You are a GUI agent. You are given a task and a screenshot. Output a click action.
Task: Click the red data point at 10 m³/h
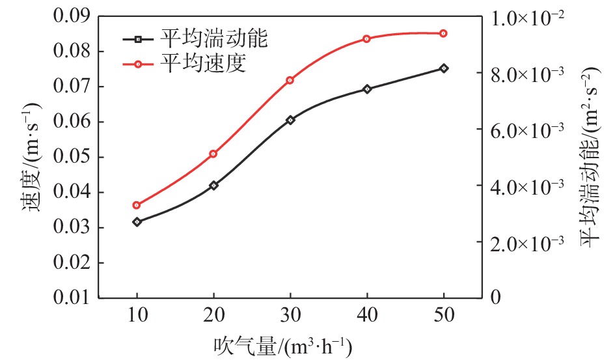[x=137, y=205]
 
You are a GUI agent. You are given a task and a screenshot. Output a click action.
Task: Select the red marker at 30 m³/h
[x=290, y=80]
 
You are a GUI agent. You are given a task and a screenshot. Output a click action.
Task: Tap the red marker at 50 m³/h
[x=444, y=33]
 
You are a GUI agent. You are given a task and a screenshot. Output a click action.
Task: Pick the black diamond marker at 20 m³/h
[x=213, y=186]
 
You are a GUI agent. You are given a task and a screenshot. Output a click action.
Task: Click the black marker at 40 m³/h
[x=367, y=89]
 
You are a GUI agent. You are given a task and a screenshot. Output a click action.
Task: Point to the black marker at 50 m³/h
[x=444, y=68]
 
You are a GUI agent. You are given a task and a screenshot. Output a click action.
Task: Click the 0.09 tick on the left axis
[x=66, y=16]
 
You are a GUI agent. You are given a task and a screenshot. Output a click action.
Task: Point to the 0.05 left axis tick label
[x=66, y=158]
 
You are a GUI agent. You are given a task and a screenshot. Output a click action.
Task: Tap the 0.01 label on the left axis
[x=66, y=298]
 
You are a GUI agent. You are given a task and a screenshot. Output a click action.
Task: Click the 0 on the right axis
[x=497, y=298]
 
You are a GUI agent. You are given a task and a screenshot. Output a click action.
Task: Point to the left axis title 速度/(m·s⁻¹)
[x=25, y=156]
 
